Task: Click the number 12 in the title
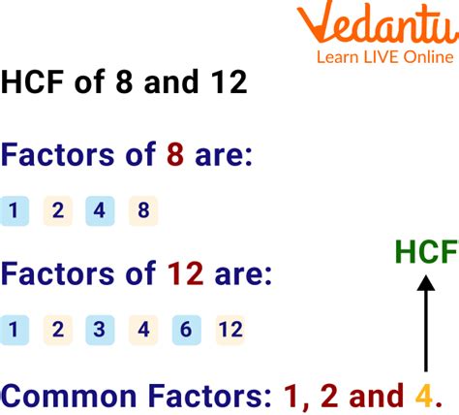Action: coord(225,82)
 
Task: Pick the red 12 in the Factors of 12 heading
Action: coord(181,274)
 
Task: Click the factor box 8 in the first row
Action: coord(142,210)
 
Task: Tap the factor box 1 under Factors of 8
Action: coord(15,210)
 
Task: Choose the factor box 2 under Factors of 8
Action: coord(57,210)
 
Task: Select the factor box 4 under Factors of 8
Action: coord(100,210)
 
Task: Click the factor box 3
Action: coord(100,331)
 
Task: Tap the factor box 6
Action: coord(185,331)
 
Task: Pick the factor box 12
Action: coord(229,331)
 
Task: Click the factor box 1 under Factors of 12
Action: coord(15,331)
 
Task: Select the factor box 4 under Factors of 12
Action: coord(142,331)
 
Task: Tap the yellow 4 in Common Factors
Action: coord(423,396)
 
